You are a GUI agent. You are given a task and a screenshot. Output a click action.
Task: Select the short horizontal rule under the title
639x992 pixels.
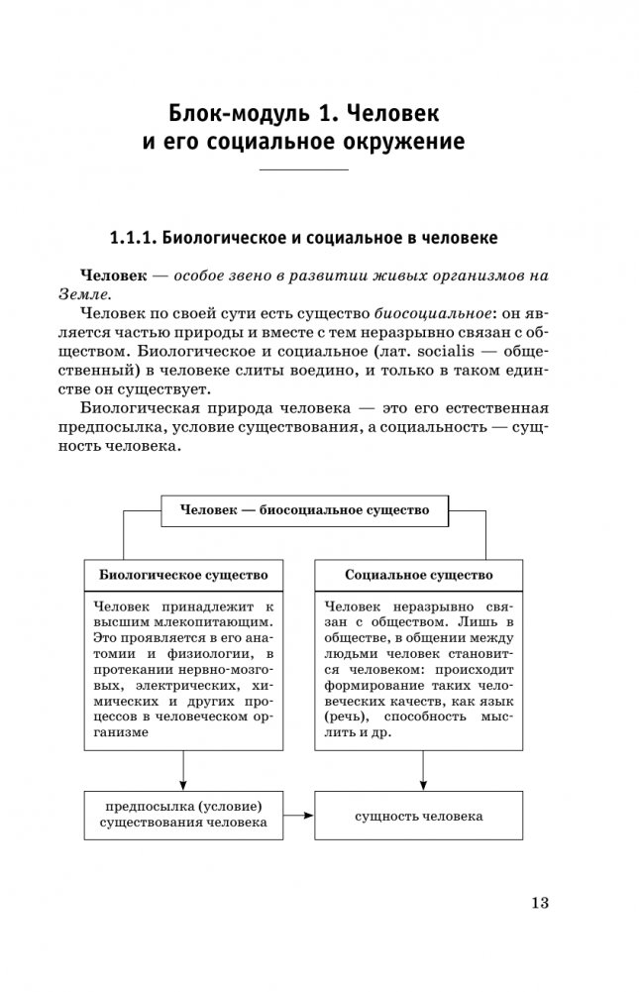click(303, 170)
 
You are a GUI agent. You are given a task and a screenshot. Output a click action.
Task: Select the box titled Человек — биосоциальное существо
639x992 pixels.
click(304, 510)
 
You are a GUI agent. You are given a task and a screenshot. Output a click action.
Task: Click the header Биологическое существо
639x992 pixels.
click(183, 575)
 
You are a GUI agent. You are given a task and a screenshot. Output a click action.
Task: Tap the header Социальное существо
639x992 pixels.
click(419, 575)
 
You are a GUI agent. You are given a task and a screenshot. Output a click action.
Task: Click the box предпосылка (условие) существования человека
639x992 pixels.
click(183, 814)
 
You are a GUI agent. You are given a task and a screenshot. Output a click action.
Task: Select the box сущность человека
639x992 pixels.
click(419, 816)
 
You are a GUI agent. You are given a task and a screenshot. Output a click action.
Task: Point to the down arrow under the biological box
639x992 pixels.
click(184, 769)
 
